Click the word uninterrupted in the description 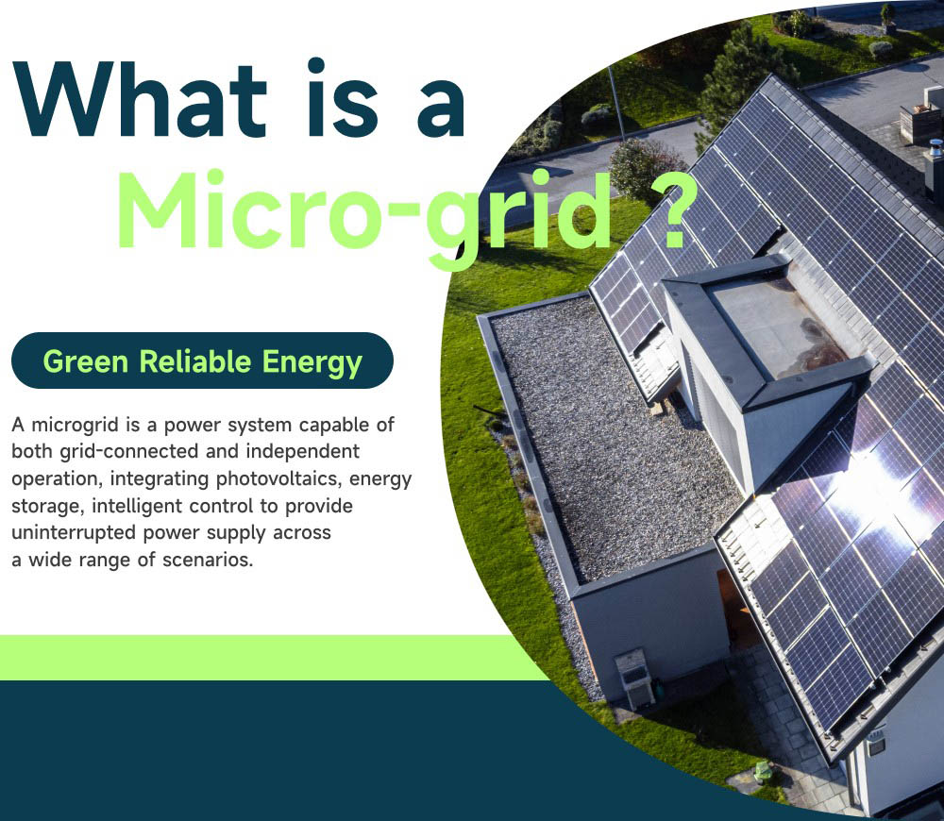tap(75, 533)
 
